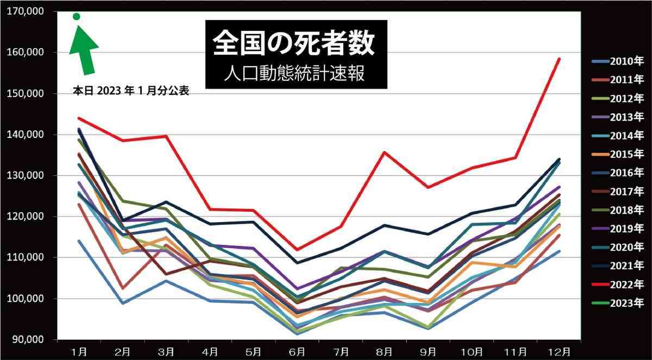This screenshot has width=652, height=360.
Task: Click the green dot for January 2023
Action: (x=77, y=17)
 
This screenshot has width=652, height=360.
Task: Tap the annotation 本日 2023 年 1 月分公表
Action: (x=130, y=91)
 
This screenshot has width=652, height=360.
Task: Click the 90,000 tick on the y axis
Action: (x=28, y=339)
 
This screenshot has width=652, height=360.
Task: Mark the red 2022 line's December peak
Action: (x=559, y=59)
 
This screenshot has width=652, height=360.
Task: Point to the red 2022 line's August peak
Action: (x=384, y=152)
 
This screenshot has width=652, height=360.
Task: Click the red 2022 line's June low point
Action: (x=297, y=250)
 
